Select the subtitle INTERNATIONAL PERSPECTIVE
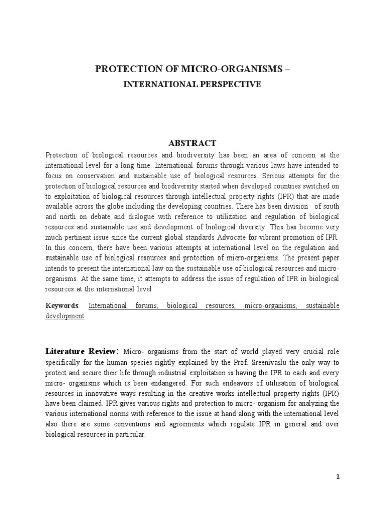192,84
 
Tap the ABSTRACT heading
192,143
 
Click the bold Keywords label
62,306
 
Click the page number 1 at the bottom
338,477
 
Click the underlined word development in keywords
64,317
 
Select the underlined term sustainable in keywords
318,306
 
